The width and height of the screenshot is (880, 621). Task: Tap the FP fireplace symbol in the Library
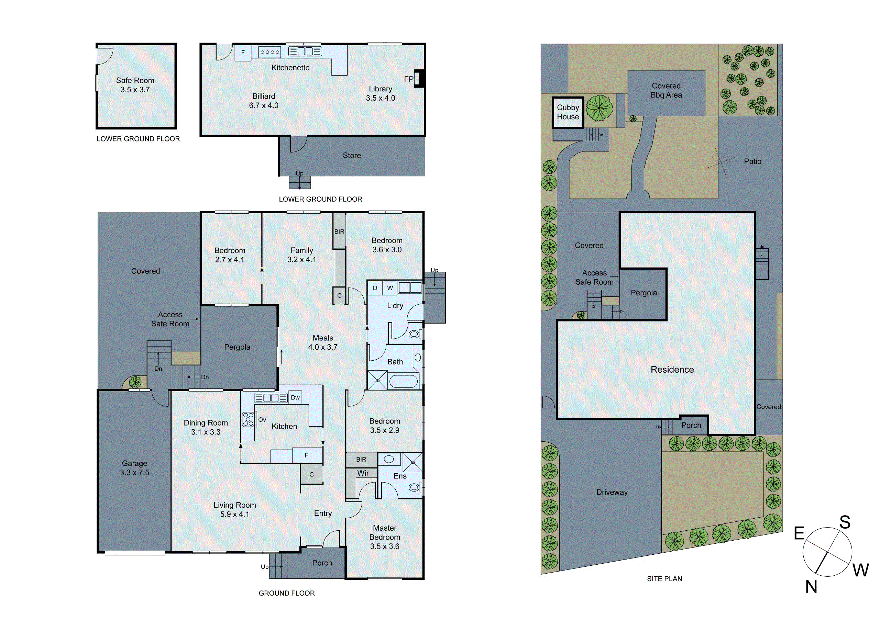pos(419,79)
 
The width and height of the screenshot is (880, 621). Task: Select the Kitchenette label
pos(290,68)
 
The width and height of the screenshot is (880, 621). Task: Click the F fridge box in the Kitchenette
pos(243,53)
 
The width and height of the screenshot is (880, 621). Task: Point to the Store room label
pos(351,156)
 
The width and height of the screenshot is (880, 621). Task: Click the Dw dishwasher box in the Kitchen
pos(295,397)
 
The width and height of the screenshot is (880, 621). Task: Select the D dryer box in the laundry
pos(375,288)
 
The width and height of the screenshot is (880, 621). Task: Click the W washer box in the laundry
pos(390,288)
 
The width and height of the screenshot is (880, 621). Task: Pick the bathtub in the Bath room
pos(403,382)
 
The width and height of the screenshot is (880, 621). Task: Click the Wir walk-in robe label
pos(363,473)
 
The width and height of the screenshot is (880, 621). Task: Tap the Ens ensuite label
pos(400,476)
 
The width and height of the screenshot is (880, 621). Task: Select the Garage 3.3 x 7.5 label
pos(134,468)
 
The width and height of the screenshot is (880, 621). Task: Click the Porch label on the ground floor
pos(322,563)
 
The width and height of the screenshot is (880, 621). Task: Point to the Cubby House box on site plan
pos(568,112)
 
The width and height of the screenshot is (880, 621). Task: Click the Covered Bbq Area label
pos(666,91)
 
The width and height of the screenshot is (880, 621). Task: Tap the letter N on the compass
pos(811,587)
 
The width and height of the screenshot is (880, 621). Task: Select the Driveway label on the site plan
pos(612,492)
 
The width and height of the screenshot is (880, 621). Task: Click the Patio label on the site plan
pos(752,161)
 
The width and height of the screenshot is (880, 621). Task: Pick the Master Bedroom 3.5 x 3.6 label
pos(384,537)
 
